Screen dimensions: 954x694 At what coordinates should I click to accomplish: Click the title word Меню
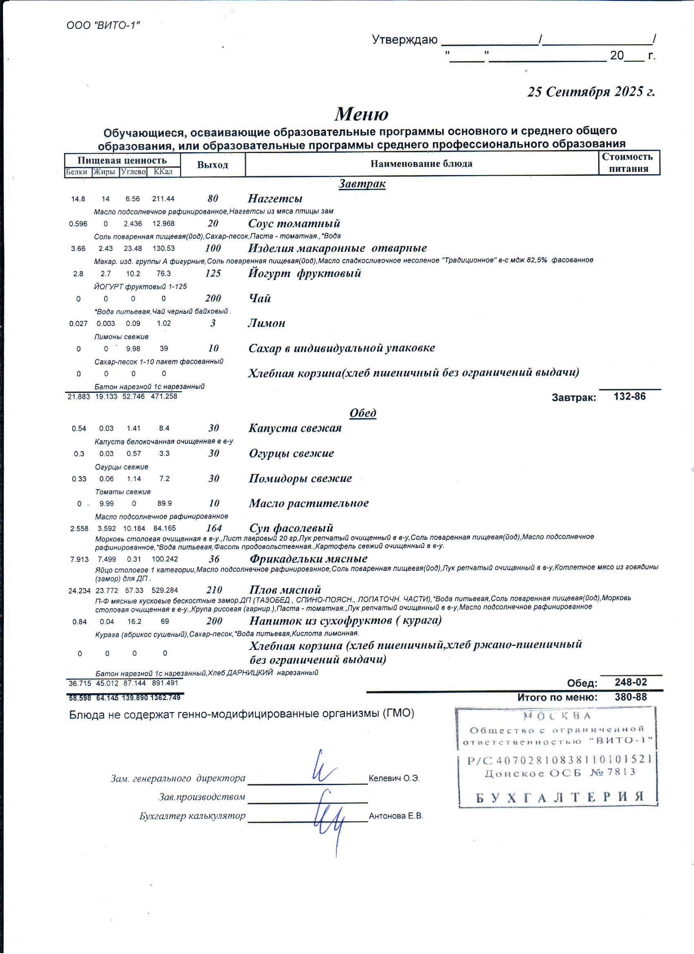click(362, 114)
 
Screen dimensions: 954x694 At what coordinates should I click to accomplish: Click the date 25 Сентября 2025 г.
click(591, 92)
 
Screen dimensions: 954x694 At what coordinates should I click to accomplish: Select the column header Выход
click(213, 164)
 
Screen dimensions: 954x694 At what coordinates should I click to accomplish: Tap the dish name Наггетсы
click(275, 199)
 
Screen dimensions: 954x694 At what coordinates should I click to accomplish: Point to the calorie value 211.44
click(163, 199)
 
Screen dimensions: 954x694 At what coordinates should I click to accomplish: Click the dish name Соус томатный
click(294, 223)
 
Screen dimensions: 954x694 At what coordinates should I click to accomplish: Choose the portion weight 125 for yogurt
click(213, 273)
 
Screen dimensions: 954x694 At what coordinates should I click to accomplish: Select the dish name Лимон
click(267, 323)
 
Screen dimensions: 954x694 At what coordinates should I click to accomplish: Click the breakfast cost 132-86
click(629, 396)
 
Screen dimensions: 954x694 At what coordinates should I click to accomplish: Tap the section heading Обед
click(363, 413)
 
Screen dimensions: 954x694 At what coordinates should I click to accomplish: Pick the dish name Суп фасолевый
click(291, 528)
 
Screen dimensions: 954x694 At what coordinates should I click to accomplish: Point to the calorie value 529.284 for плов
click(165, 590)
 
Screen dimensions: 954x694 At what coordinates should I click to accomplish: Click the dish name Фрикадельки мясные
click(309, 559)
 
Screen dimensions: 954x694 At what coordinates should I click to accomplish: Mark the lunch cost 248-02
click(630, 682)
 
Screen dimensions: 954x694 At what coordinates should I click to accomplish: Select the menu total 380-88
click(630, 697)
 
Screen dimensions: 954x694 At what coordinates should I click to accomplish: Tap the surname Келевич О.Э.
click(394, 778)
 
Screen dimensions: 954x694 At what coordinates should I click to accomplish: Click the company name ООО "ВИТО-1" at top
click(103, 25)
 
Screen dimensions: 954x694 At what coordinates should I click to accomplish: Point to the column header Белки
click(77, 172)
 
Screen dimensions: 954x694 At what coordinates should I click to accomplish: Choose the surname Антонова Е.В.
click(396, 816)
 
